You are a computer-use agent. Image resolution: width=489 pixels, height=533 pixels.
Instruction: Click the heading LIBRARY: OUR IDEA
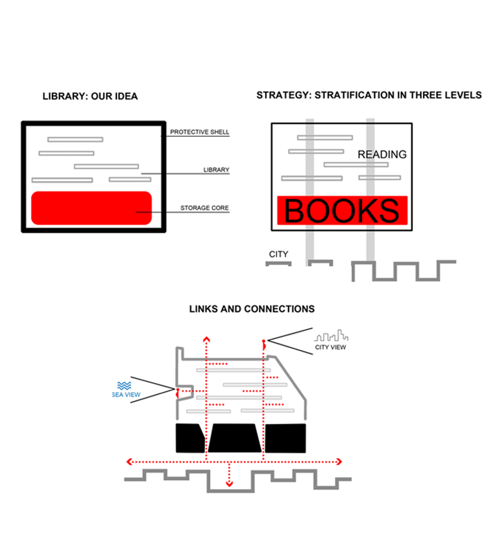[x=90, y=96]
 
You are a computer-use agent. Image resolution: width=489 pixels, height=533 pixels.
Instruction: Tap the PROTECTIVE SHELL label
[x=200, y=132]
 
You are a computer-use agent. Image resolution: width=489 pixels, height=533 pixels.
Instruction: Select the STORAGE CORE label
[x=204, y=208]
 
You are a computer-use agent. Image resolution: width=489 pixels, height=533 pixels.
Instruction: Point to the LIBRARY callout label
[x=216, y=170]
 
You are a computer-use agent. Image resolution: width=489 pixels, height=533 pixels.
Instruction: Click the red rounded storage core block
[x=92, y=208]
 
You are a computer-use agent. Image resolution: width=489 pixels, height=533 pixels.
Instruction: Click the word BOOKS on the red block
[x=341, y=211]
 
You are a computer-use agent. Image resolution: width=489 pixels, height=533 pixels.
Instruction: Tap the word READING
[x=382, y=154]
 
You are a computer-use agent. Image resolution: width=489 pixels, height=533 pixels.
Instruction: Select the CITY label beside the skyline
[x=278, y=254]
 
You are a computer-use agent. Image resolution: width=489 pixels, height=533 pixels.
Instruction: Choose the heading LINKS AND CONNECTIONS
[x=252, y=309]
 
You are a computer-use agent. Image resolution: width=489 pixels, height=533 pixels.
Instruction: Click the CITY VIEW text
[x=330, y=347]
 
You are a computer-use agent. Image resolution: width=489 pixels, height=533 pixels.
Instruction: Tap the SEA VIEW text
[x=126, y=395]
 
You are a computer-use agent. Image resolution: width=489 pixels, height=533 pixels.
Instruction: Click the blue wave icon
[x=124, y=385]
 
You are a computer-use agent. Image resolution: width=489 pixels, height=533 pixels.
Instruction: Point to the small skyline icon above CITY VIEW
[x=331, y=336]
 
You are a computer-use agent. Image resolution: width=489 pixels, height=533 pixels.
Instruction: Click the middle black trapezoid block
[x=234, y=438]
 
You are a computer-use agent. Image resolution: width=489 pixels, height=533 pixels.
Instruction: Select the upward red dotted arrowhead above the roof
[x=206, y=339]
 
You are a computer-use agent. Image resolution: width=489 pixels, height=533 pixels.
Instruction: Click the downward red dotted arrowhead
[x=229, y=483]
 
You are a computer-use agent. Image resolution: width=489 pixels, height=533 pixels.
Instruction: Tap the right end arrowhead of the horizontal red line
[x=339, y=461]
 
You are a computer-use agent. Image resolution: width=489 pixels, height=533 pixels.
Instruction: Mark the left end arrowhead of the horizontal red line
[x=129, y=461]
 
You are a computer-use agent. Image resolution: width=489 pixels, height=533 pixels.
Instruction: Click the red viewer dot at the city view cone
[x=264, y=341]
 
